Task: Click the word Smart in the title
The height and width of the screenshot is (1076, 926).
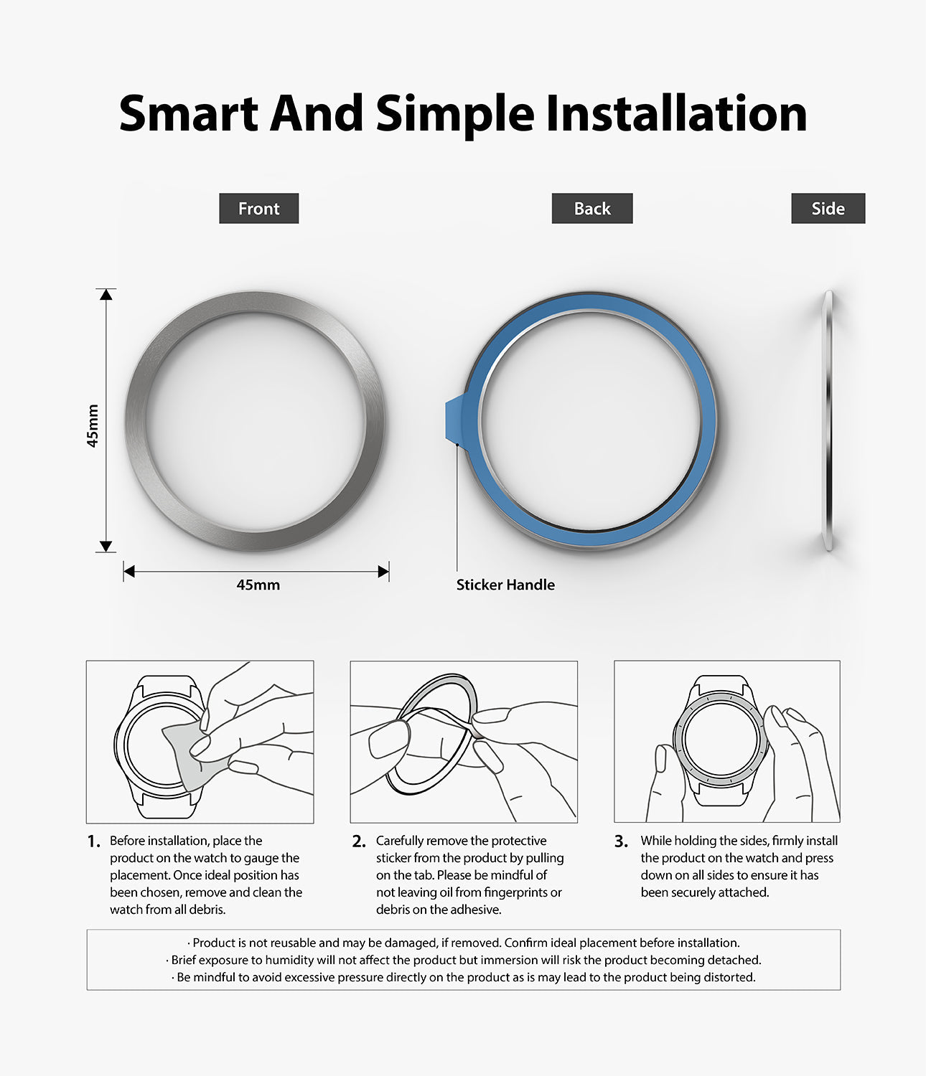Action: click(x=188, y=113)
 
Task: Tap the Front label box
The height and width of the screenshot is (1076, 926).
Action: click(x=258, y=208)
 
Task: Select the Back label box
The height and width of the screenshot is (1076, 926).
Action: click(x=592, y=208)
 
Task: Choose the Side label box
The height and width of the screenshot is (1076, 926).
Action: click(x=828, y=208)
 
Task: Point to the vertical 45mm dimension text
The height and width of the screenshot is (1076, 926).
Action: click(x=93, y=425)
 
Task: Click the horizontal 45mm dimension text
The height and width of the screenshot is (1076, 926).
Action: click(x=258, y=585)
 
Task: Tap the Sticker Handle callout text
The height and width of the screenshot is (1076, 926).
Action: click(x=505, y=585)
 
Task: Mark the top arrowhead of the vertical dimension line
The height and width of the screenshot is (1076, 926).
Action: click(x=106, y=294)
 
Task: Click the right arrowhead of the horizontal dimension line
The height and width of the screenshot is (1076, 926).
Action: click(x=383, y=572)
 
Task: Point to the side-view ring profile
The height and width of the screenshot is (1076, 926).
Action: click(x=828, y=420)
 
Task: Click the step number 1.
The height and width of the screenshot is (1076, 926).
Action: click(x=93, y=841)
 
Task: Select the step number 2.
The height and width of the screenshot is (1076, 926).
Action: click(x=359, y=841)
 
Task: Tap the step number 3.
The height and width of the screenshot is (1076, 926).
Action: click(x=621, y=841)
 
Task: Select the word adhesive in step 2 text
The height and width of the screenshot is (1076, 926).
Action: click(x=475, y=910)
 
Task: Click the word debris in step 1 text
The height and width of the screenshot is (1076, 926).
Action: click(x=207, y=910)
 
